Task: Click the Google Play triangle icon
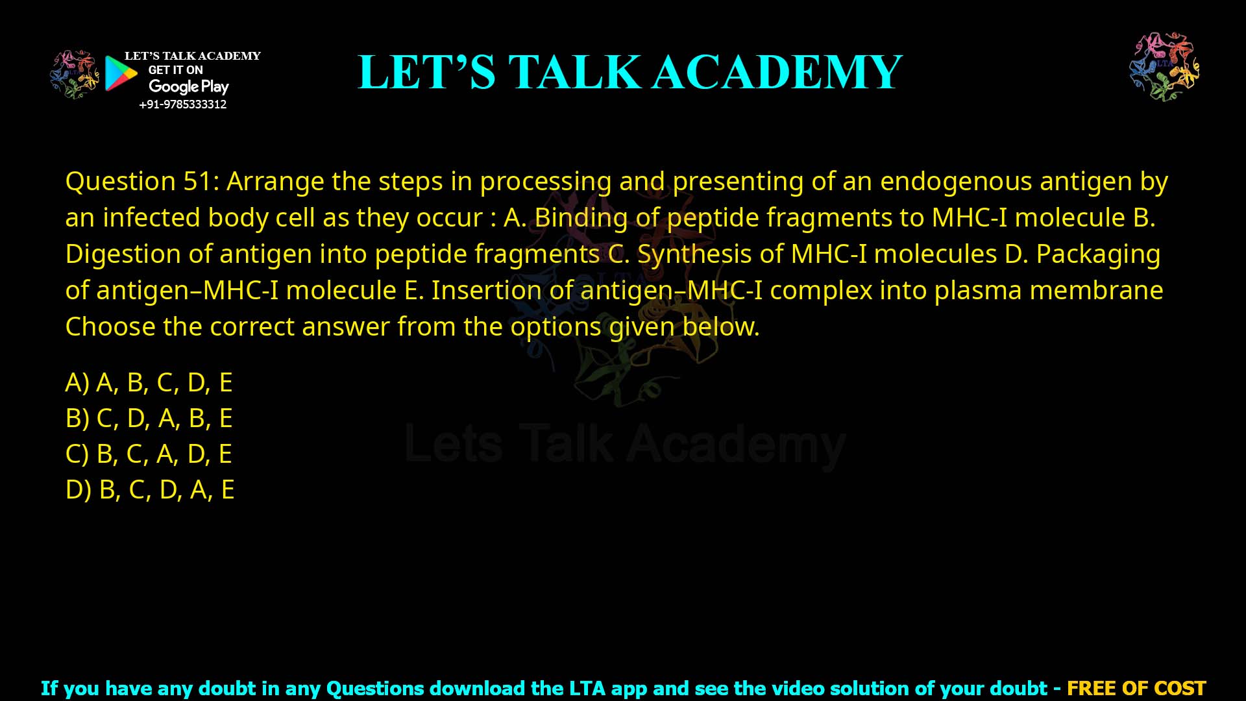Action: pos(121,73)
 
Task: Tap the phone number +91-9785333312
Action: pos(183,105)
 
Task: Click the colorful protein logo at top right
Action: pos(1164,66)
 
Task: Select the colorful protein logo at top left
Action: pos(75,74)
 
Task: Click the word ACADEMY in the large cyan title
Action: pos(777,72)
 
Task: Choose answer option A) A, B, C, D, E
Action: pos(149,382)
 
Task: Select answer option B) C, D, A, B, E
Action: pos(149,418)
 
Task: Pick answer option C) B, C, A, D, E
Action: pos(149,454)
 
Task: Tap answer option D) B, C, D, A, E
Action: pos(150,489)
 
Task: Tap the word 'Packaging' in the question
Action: pos(1098,254)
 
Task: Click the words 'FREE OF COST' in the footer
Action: pos(1136,688)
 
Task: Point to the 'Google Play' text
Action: pos(188,86)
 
